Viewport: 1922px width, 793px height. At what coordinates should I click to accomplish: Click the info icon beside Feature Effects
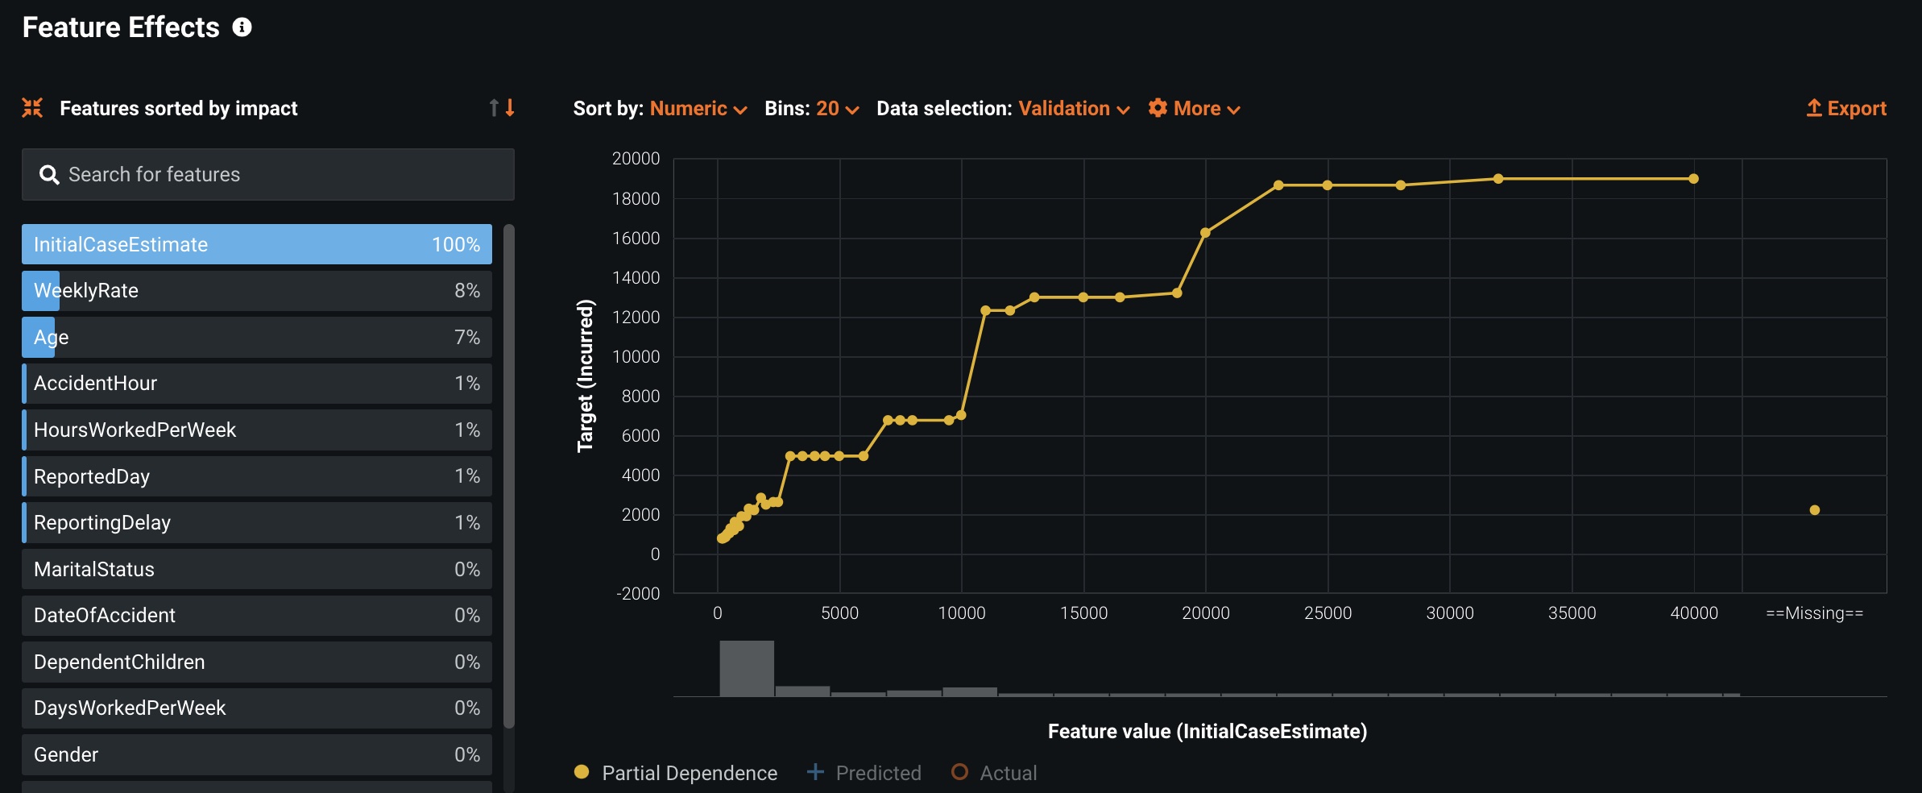click(x=242, y=27)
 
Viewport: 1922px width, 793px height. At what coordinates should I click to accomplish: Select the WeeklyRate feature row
click(x=256, y=291)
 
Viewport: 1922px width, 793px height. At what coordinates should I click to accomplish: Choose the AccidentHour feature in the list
click(x=256, y=384)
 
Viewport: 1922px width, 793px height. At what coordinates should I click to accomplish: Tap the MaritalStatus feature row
click(x=256, y=569)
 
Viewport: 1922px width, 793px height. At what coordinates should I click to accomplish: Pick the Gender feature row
click(x=256, y=754)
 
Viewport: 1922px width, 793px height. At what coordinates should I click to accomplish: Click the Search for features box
click(x=268, y=174)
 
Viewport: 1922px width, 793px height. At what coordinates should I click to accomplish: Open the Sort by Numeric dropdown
click(x=698, y=109)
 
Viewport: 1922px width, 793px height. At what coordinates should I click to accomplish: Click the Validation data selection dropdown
click(x=1073, y=109)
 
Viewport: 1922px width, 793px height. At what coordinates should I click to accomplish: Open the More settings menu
click(x=1194, y=109)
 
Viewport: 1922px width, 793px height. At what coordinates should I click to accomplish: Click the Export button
click(x=1846, y=109)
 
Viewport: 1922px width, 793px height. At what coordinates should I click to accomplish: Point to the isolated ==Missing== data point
click(x=1815, y=510)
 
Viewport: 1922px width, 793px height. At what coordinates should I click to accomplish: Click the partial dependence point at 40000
click(x=1693, y=179)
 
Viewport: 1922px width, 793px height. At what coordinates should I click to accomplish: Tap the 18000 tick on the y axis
click(x=636, y=198)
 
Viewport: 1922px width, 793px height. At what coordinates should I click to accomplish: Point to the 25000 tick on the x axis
click(x=1328, y=613)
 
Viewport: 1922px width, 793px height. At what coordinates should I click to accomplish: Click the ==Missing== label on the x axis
click(x=1814, y=613)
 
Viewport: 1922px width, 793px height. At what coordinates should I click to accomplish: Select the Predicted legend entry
click(x=864, y=773)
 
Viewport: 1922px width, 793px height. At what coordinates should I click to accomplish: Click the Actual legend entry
click(x=994, y=773)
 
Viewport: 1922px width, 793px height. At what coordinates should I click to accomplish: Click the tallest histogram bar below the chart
click(x=747, y=668)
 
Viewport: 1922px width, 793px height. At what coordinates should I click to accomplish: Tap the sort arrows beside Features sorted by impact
click(x=501, y=108)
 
